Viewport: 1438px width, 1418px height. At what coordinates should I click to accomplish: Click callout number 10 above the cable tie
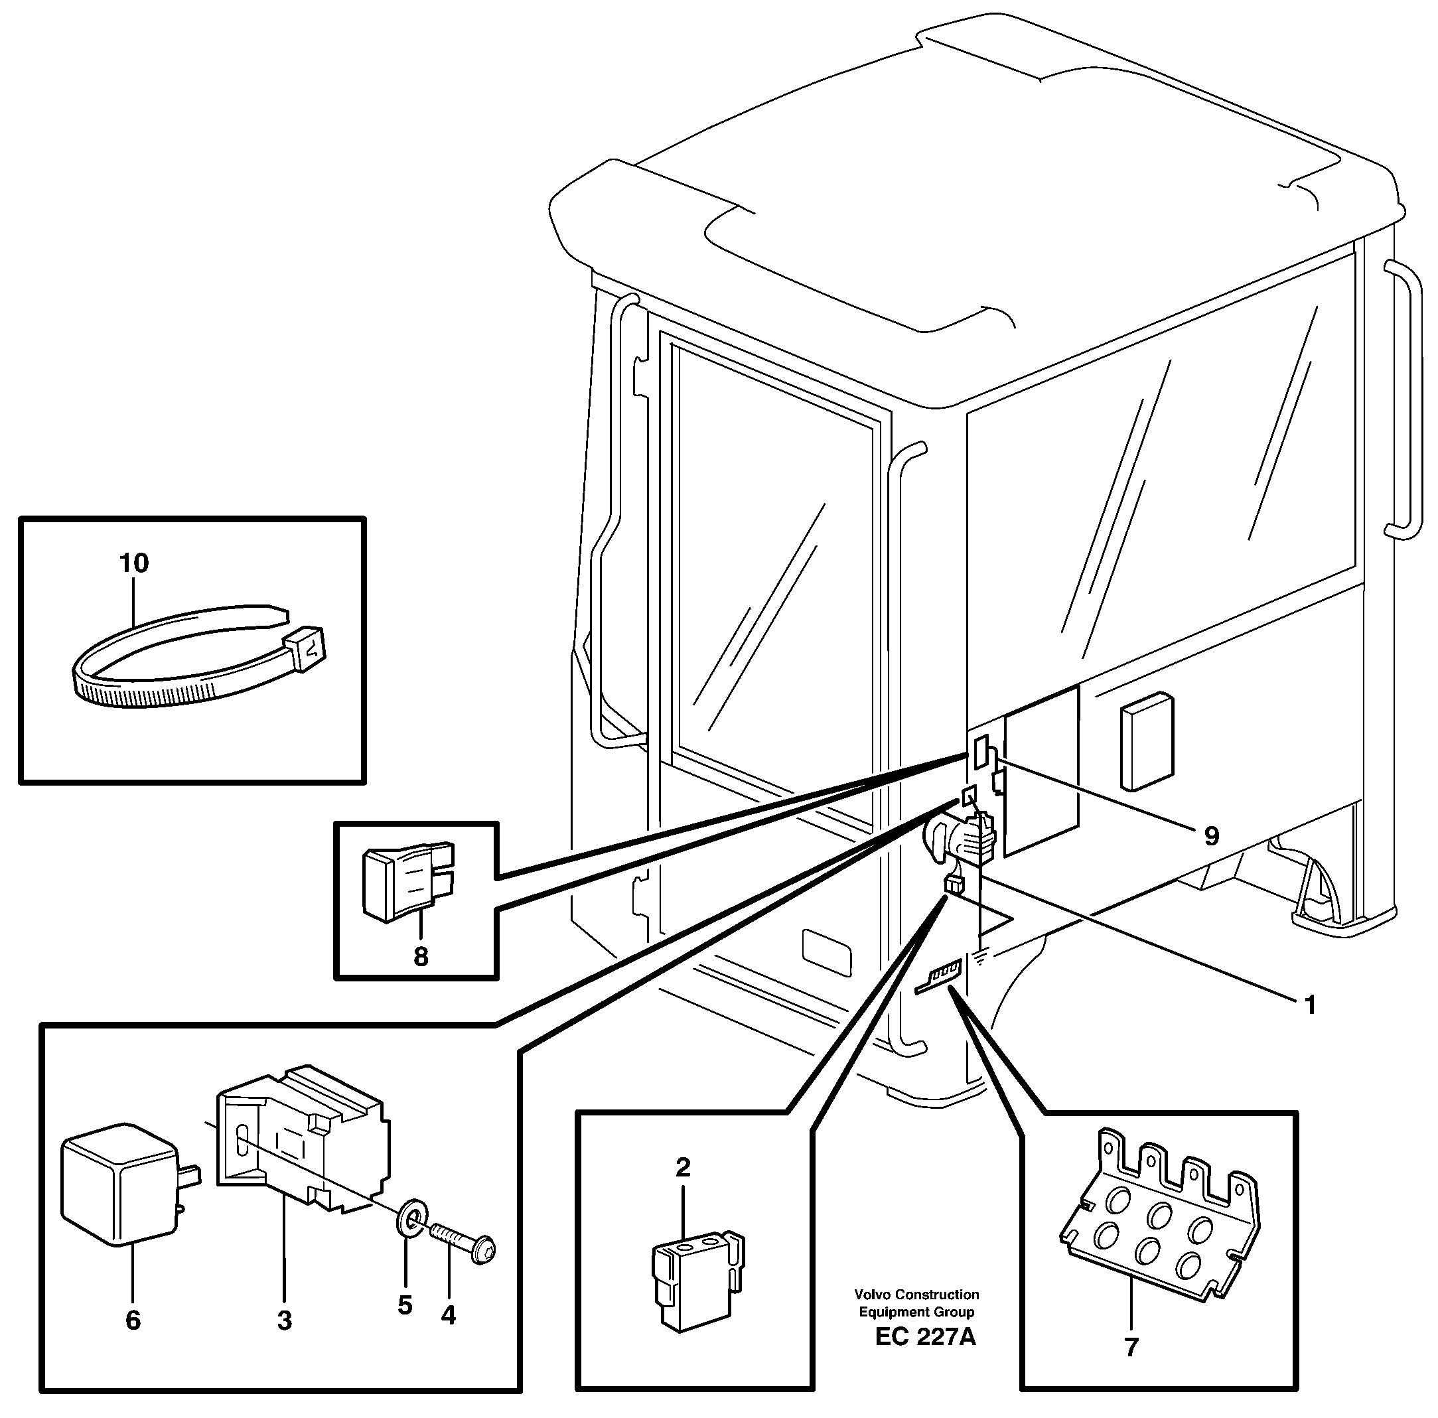click(x=134, y=563)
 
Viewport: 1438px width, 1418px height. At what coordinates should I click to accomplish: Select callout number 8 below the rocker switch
click(x=421, y=956)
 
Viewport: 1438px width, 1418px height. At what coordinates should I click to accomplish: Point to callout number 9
click(x=1212, y=837)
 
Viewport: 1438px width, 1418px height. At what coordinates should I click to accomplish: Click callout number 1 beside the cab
click(x=1311, y=1005)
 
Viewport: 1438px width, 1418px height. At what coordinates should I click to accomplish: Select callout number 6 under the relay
click(x=133, y=1320)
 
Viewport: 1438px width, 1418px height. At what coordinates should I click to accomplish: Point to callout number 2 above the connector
click(x=683, y=1167)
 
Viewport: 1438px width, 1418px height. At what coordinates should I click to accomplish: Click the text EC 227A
click(x=925, y=1337)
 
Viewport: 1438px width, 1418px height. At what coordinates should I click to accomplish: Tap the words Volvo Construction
click(x=916, y=1295)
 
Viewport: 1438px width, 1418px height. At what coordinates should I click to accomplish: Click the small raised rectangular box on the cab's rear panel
click(x=1147, y=741)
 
